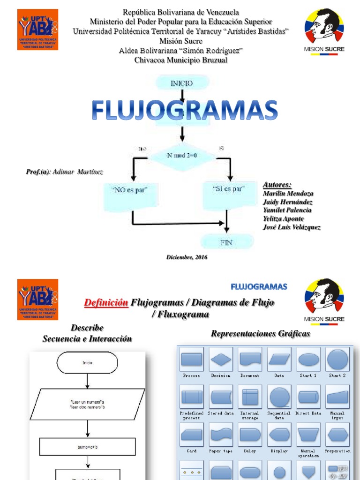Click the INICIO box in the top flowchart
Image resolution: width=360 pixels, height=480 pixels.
182,83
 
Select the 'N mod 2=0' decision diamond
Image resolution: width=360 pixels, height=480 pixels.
182,155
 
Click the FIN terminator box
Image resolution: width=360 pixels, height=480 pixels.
226,242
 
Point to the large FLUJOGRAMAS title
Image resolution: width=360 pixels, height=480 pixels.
185,111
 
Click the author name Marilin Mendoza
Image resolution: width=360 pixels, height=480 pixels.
288,193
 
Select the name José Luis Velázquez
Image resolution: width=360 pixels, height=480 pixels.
292,227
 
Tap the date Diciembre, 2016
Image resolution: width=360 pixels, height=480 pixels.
187,257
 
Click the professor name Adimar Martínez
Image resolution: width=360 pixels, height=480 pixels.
78,172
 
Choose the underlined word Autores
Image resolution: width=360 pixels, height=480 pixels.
277,184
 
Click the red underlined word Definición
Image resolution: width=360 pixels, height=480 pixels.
106,303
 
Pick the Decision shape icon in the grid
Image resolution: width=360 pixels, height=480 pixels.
221,360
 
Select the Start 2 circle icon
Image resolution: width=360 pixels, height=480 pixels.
337,360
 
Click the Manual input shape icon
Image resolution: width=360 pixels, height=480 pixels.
337,397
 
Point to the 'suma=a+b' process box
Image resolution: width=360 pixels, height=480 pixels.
88,447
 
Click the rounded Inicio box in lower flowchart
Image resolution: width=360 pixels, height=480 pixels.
88,362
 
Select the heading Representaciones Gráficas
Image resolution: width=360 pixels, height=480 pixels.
260,334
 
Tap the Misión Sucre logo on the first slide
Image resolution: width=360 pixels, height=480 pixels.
324,30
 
